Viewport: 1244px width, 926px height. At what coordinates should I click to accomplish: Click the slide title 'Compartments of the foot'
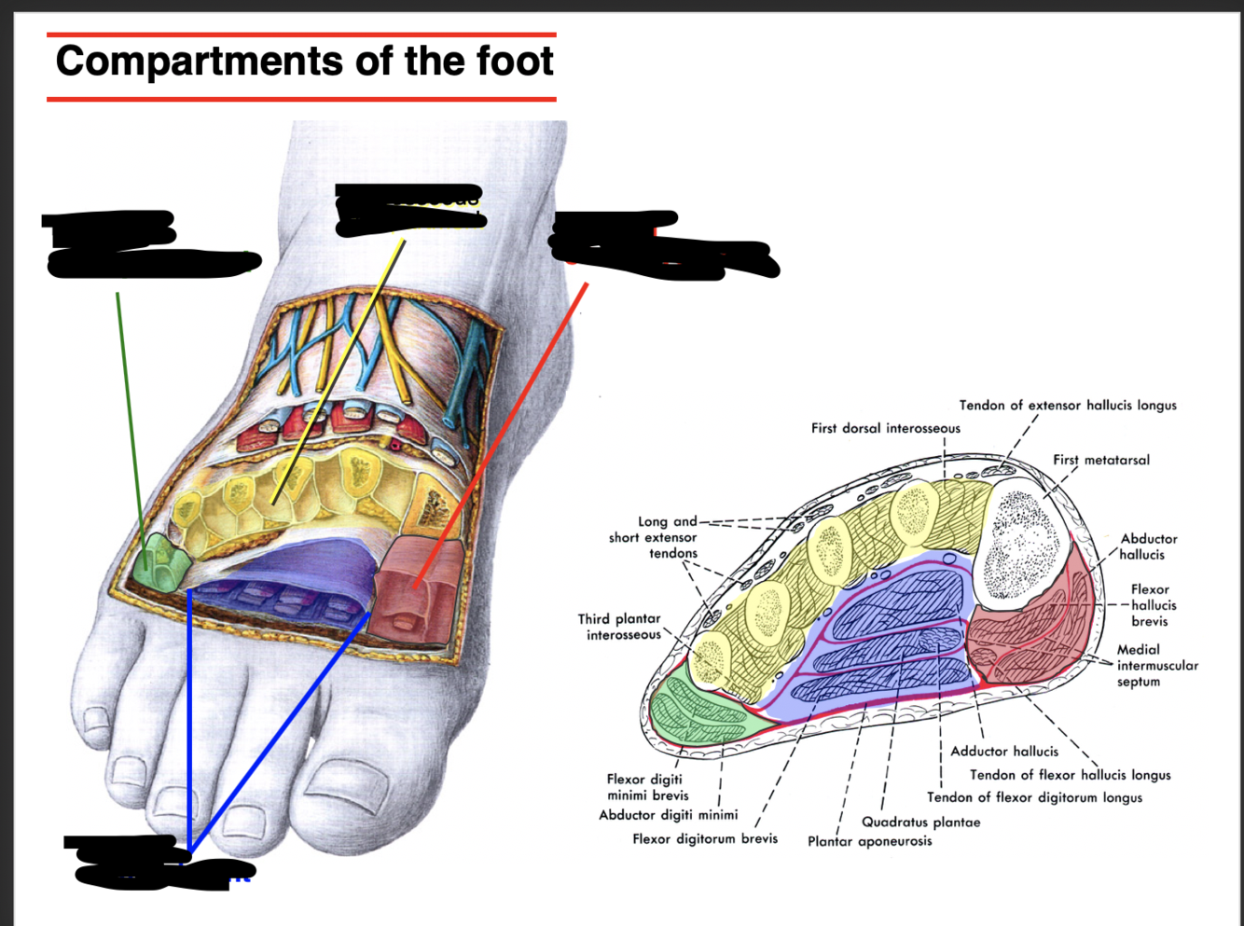point(304,62)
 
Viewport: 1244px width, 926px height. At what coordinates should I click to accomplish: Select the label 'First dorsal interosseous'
point(885,428)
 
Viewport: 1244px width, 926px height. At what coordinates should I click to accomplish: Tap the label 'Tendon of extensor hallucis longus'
point(1068,406)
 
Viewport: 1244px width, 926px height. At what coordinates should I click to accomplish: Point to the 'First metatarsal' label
point(1101,460)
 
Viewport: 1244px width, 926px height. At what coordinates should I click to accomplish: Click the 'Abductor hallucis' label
point(1148,546)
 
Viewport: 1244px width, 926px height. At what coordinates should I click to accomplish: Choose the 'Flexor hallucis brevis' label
point(1151,605)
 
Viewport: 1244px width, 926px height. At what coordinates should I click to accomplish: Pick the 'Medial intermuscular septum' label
point(1157,666)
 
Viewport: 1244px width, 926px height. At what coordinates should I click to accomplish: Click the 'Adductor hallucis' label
point(1004,751)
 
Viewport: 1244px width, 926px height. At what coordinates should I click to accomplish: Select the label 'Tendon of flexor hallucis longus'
point(1070,775)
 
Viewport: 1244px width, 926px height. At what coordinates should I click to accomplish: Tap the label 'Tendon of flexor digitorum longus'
point(1034,797)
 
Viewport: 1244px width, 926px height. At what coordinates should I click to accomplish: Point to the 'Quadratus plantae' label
point(920,822)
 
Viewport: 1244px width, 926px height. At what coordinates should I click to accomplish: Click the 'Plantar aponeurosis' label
point(869,841)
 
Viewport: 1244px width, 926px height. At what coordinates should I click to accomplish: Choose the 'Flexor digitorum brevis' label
point(705,838)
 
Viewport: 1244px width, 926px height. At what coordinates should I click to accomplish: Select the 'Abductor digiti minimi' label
point(668,815)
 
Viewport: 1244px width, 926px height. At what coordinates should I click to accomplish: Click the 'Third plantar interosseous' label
point(619,627)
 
